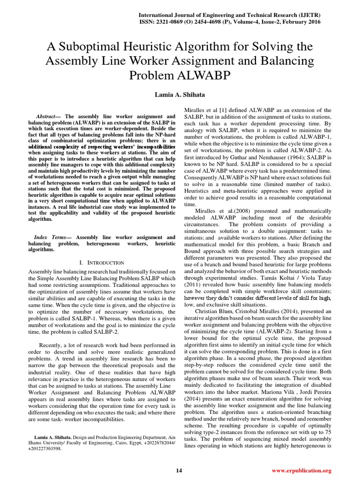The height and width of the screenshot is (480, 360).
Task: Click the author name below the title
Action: click(180, 95)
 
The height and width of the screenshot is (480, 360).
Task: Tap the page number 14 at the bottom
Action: click(179, 470)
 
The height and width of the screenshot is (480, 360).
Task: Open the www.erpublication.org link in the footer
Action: click(301, 470)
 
